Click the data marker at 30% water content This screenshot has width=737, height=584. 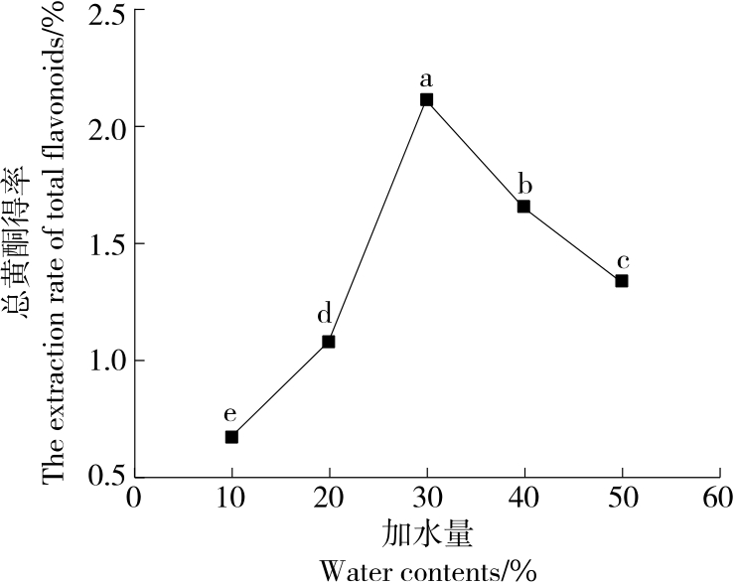click(x=426, y=99)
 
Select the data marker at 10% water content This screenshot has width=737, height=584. click(x=231, y=436)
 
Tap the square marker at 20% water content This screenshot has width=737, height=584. click(x=329, y=342)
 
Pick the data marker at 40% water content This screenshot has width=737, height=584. click(x=523, y=207)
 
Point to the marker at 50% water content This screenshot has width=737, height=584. click(x=622, y=281)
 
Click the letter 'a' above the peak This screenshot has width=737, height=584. click(x=426, y=77)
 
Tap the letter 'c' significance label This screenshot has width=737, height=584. click(x=623, y=261)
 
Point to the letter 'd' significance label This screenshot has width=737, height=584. click(x=325, y=316)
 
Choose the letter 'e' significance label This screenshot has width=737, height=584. click(x=230, y=414)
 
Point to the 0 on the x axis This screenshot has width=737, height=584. click(x=135, y=496)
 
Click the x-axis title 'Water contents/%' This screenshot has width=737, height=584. click(x=429, y=571)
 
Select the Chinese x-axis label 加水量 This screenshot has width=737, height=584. click(x=427, y=533)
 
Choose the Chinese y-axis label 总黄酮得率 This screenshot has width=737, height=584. click(x=17, y=243)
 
